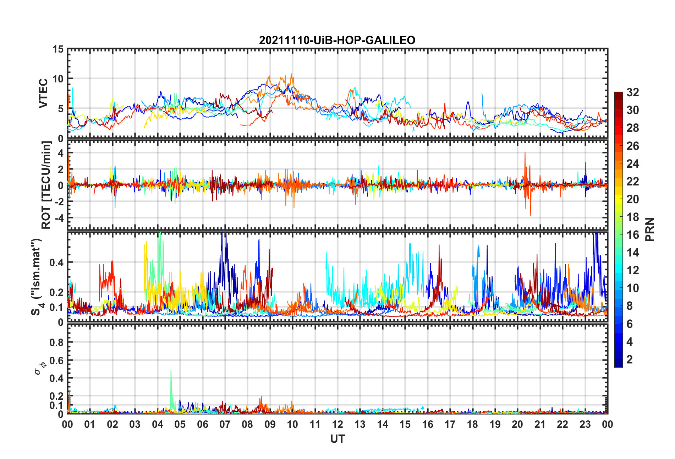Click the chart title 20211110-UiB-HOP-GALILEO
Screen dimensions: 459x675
pos(337,40)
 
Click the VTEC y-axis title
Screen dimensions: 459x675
pos(43,93)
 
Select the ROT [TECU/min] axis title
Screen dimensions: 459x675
pos(46,185)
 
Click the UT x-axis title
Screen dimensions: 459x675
pos(337,439)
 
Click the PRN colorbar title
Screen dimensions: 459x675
pos(649,229)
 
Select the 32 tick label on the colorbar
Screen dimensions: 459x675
pos(632,92)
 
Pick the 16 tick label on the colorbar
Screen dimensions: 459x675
pos(632,235)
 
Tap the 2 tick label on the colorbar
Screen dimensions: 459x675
pos(630,360)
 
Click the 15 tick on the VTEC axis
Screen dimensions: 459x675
pos(58,49)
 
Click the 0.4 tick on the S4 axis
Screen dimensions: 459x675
pos(56,263)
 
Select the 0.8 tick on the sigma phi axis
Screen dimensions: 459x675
pos(56,342)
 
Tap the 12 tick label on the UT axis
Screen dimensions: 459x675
pos(337,425)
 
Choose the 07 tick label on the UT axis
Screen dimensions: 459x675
pos(225,425)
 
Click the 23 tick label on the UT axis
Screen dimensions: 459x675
pos(585,425)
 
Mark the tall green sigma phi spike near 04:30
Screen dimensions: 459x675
pos(171,371)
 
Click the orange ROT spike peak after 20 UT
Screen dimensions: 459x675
pos(525,153)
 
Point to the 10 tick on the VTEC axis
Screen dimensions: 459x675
pos(58,79)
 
